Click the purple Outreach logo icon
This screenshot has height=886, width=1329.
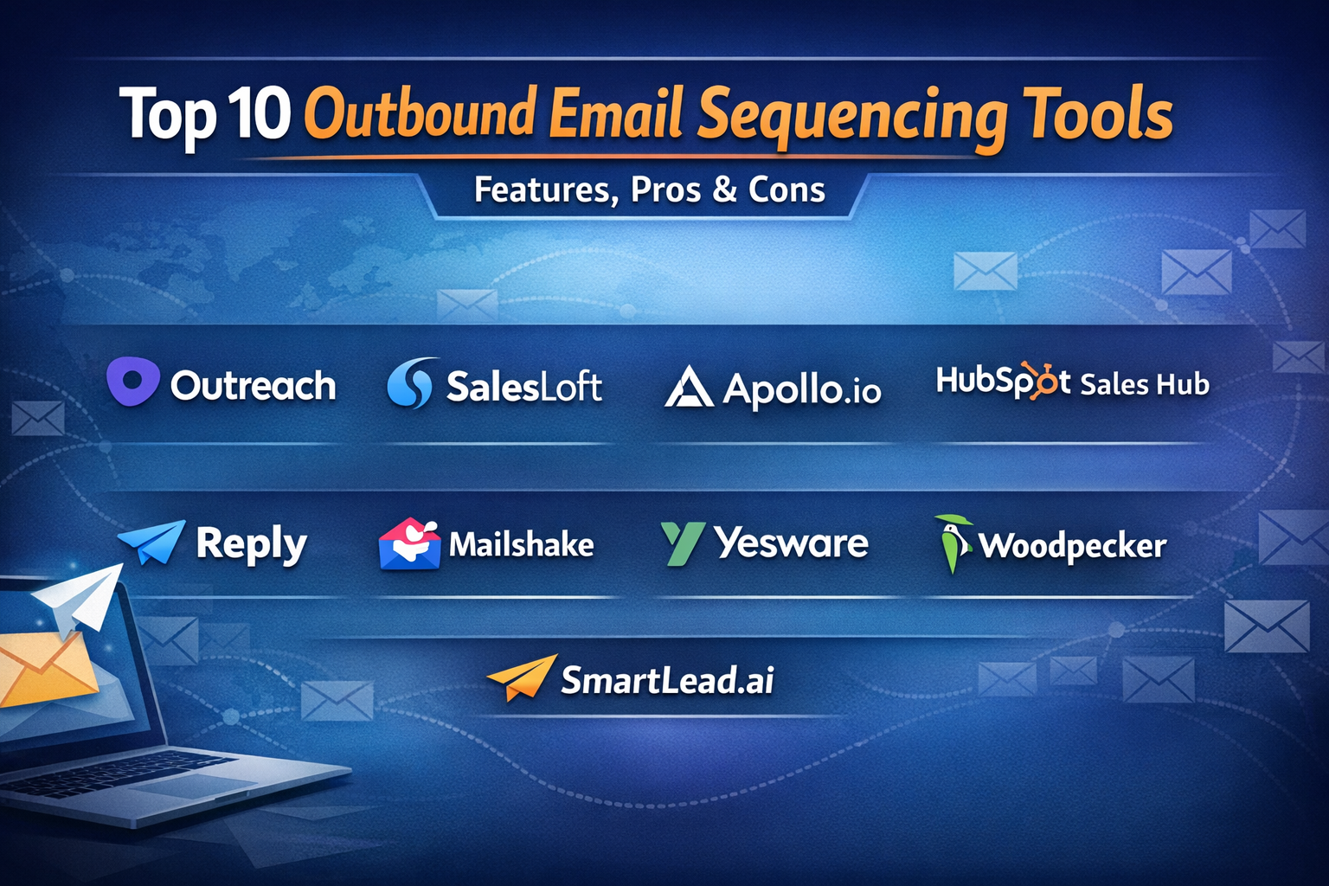tap(133, 381)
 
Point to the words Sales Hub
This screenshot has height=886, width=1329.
tap(1145, 384)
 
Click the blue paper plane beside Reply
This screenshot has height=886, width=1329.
tap(152, 542)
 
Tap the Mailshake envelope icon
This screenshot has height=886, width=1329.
tap(409, 543)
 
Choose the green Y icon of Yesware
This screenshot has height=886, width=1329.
tap(683, 543)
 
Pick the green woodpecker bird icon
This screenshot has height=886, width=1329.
tap(953, 543)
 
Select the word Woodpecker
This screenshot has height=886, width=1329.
tap(1073, 547)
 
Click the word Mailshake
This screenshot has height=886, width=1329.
tap(521, 545)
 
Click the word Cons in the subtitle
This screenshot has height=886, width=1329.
tap(786, 190)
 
